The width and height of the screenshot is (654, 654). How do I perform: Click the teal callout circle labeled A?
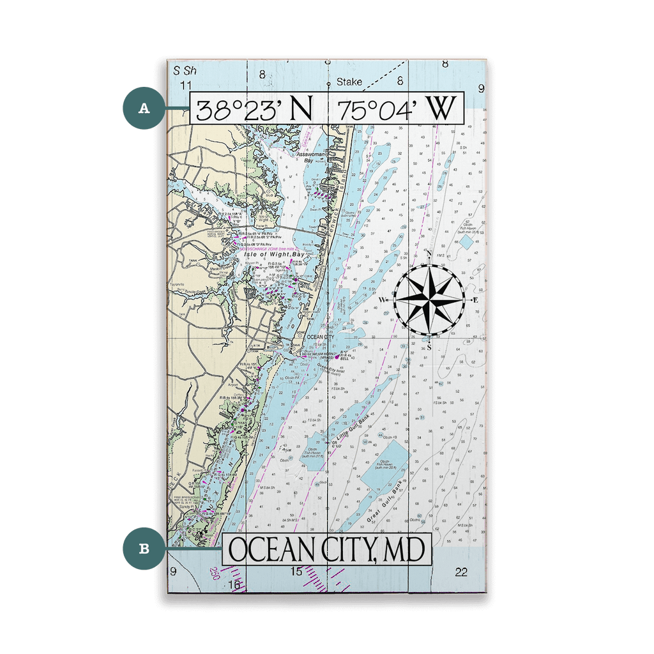pyautogui.click(x=144, y=109)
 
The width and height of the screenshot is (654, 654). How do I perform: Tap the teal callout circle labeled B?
pyautogui.click(x=144, y=547)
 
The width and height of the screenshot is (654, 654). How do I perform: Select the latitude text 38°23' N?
pyautogui.click(x=254, y=110)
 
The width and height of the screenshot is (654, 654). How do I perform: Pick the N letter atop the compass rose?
pyautogui.click(x=429, y=254)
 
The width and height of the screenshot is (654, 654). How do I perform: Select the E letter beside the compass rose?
pyautogui.click(x=475, y=300)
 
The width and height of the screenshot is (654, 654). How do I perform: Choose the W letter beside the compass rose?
pyautogui.click(x=382, y=300)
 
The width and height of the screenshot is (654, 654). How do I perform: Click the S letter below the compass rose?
pyautogui.click(x=429, y=346)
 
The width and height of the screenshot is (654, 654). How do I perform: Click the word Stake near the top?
pyautogui.click(x=349, y=82)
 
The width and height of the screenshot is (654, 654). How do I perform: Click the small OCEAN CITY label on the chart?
pyautogui.click(x=320, y=337)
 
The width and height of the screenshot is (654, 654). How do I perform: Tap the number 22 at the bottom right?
pyautogui.click(x=461, y=572)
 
